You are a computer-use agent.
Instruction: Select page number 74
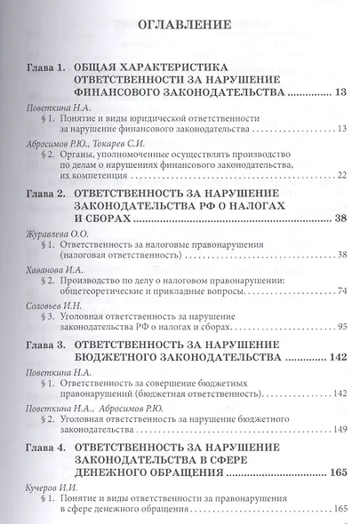pos(329,290)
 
